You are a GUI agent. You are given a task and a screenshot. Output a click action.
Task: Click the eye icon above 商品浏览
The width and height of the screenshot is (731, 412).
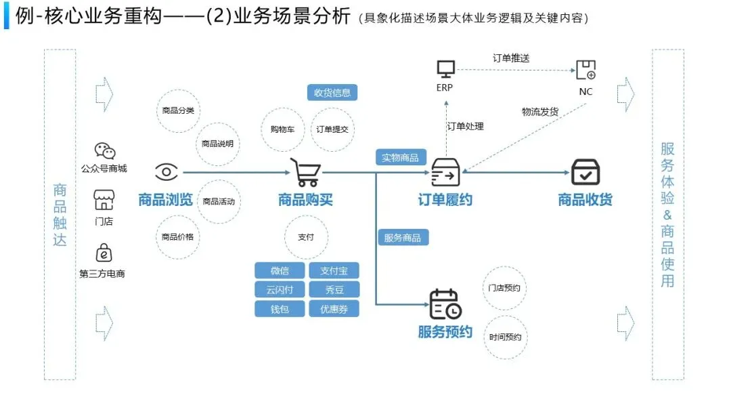(x=167, y=172)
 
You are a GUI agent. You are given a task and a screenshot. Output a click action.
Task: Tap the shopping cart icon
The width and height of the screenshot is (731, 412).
(x=305, y=173)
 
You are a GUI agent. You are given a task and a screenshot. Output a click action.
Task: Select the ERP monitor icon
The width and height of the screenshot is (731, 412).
(x=445, y=69)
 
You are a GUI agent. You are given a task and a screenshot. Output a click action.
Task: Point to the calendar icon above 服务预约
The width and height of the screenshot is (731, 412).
(x=445, y=304)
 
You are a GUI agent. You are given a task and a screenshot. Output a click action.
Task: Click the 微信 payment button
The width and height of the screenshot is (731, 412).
(x=280, y=271)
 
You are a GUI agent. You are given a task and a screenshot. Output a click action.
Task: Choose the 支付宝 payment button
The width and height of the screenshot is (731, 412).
(x=334, y=271)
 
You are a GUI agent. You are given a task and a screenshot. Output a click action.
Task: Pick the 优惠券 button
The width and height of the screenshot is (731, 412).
(x=334, y=309)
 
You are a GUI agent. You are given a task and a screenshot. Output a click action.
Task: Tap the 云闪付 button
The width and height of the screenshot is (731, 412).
(x=280, y=290)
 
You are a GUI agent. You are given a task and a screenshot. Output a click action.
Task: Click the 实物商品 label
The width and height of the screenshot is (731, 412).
(x=400, y=158)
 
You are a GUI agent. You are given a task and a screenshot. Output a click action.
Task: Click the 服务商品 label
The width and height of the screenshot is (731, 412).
(x=403, y=238)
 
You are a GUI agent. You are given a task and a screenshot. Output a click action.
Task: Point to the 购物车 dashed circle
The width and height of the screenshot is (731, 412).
(x=282, y=129)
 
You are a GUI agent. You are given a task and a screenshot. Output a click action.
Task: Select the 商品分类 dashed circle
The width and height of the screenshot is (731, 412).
(x=178, y=110)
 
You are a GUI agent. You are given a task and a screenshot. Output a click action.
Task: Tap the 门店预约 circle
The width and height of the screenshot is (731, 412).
(x=505, y=288)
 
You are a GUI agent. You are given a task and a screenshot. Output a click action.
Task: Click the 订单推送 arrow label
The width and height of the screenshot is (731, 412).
(x=511, y=58)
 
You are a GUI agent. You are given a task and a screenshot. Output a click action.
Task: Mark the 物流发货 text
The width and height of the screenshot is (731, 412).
(x=540, y=112)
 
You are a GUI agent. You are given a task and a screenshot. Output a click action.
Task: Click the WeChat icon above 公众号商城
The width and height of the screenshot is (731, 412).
(x=104, y=151)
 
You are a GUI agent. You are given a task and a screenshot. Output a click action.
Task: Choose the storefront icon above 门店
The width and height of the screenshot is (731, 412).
(x=104, y=201)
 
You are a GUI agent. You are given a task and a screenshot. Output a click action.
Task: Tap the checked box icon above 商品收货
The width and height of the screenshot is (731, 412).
(x=585, y=172)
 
